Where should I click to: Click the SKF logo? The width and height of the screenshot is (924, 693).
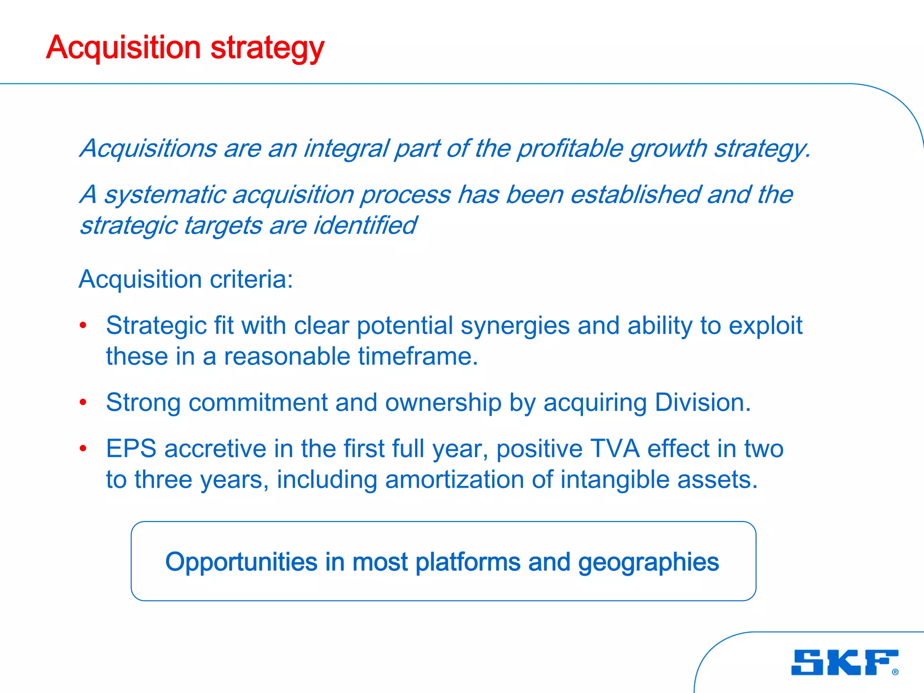click(x=844, y=662)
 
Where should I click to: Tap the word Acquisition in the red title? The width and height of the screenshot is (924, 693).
click(x=123, y=48)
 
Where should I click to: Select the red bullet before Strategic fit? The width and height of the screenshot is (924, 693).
click(x=83, y=325)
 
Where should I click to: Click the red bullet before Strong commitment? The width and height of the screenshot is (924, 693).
click(x=83, y=402)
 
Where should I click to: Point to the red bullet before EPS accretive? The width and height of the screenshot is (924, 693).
click(x=83, y=448)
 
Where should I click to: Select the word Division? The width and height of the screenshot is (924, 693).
click(x=702, y=402)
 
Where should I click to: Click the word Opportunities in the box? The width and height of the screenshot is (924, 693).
click(x=241, y=562)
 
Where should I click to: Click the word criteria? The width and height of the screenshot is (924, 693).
click(x=251, y=279)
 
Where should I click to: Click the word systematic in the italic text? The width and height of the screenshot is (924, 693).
click(x=165, y=195)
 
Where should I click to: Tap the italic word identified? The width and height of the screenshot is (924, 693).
click(x=365, y=225)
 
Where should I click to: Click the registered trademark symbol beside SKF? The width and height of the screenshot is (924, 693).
click(x=895, y=672)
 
